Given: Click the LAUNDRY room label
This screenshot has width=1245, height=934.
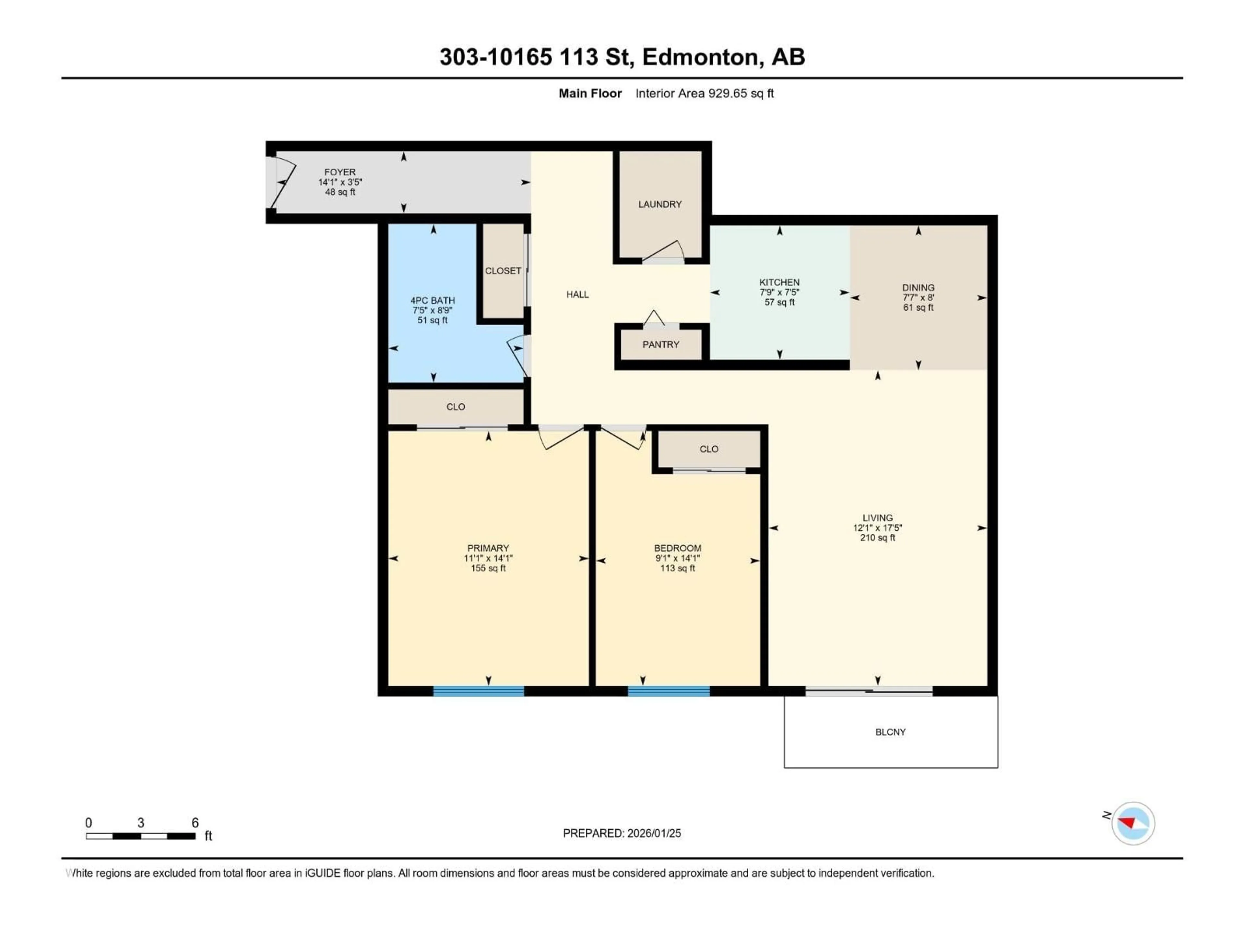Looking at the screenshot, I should point(660,204).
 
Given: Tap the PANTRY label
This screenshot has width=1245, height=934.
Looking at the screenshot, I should point(661,344).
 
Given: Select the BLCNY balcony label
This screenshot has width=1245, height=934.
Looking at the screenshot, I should point(890,732).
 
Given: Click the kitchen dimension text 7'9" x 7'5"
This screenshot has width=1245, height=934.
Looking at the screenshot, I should point(779,292).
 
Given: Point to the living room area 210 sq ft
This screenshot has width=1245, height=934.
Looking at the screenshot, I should point(877,538).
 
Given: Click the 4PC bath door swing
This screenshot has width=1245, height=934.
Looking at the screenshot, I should point(518,355).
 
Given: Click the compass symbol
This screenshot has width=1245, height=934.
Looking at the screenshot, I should point(1132,823).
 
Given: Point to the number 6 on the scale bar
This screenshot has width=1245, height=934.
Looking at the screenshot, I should point(195,822).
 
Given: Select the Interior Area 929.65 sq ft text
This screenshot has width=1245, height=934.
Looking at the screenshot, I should point(704,93).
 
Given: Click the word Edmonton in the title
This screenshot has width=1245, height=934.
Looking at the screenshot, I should point(700,57).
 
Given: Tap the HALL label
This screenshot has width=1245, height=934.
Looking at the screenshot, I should point(577,294).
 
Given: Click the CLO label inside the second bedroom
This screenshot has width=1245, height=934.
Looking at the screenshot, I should point(709,449).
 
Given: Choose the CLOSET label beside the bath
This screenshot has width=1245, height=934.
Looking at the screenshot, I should point(503,271).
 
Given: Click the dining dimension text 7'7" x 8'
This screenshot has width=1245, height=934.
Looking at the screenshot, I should point(918,298).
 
